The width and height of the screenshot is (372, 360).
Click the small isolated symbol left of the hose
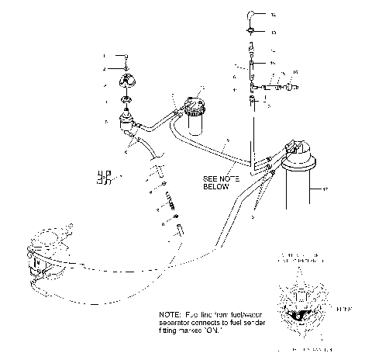coord(102,178)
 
